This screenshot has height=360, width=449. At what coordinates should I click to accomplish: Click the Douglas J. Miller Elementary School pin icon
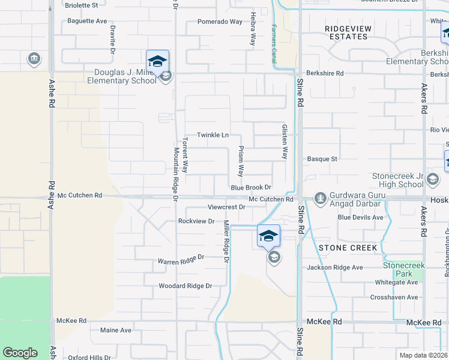(157, 61)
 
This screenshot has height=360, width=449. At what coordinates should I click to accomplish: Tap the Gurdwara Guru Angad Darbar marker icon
(320, 197)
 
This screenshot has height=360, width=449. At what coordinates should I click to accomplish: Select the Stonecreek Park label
(408, 269)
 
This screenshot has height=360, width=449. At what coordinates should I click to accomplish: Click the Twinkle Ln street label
(213, 135)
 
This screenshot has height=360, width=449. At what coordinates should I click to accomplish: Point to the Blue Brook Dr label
(252, 188)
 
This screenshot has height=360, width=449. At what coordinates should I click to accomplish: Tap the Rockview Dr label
(196, 221)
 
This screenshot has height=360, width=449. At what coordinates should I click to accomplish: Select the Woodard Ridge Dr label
(185, 286)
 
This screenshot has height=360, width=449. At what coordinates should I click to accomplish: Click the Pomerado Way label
(220, 22)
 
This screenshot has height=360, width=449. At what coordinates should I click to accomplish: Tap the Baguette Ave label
(87, 21)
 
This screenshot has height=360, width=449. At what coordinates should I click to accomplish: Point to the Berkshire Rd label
(325, 73)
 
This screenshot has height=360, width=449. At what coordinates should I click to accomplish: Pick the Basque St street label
(322, 159)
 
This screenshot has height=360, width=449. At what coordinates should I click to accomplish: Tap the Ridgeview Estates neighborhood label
(348, 32)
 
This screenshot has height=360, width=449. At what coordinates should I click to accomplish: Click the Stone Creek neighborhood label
(348, 247)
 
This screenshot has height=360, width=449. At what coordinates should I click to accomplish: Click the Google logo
(20, 353)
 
